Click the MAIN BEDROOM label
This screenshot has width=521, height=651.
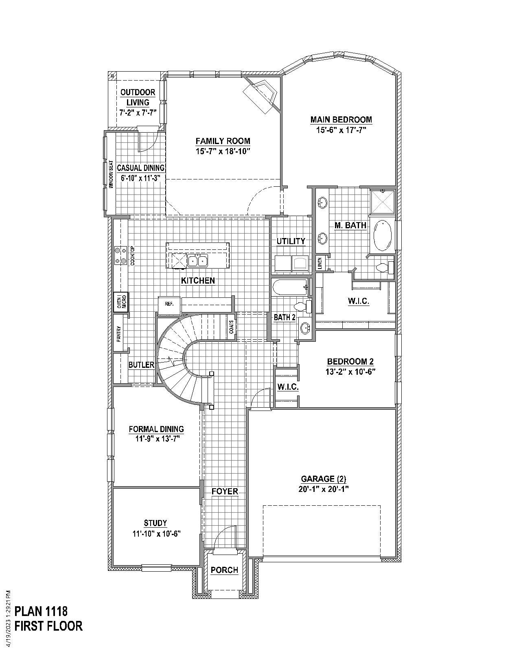[341, 120]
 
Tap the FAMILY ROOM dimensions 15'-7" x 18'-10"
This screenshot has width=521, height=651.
[223, 151]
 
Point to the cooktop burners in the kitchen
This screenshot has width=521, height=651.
[120, 256]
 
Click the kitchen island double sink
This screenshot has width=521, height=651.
[197, 260]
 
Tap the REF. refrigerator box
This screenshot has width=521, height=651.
[169, 304]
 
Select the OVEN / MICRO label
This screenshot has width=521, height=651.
[121, 302]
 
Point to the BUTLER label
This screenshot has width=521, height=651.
[141, 365]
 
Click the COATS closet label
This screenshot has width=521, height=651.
[232, 328]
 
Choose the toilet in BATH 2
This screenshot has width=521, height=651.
[304, 306]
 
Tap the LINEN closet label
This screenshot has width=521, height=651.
[320, 263]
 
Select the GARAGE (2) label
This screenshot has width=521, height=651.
[324, 479]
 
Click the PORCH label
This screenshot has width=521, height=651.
[224, 570]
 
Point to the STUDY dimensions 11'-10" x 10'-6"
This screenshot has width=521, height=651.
[155, 533]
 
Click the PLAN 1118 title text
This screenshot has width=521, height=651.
[41, 611]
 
